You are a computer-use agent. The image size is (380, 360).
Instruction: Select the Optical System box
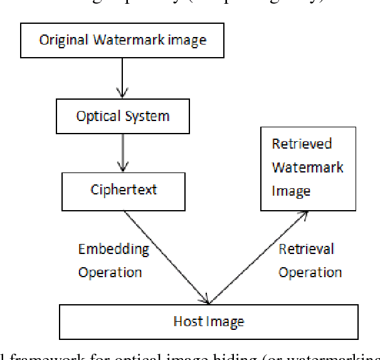(x=122, y=117)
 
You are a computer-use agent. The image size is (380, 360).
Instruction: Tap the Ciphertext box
(x=123, y=191)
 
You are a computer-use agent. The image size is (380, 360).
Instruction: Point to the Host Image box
(x=208, y=322)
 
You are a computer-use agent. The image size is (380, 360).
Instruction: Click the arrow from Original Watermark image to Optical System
(x=123, y=78)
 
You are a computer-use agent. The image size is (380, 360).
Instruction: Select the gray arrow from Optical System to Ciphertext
(x=123, y=153)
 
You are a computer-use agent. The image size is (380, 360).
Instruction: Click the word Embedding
(x=113, y=249)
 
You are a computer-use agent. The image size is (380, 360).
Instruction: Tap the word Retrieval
(x=307, y=249)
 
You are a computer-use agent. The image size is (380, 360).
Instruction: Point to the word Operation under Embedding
(x=110, y=272)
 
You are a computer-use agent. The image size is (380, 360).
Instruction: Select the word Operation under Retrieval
(x=310, y=272)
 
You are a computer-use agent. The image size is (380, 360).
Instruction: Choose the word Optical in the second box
(x=97, y=117)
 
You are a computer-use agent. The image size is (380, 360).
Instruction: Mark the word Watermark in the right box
(x=307, y=167)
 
